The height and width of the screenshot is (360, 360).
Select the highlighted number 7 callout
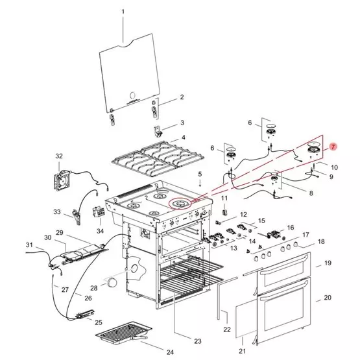(x=333, y=147)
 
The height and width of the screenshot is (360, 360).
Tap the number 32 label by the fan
(x=58, y=157)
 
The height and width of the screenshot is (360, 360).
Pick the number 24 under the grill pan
(x=169, y=352)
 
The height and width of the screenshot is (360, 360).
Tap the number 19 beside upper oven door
(x=328, y=263)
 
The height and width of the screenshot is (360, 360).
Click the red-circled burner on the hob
(x=181, y=204)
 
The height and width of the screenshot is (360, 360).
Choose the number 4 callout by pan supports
(x=184, y=138)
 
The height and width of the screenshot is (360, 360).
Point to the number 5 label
(x=200, y=174)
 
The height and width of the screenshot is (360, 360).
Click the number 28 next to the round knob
(x=93, y=288)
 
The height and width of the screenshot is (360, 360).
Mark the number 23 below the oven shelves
(x=197, y=341)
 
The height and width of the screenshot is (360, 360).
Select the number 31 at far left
(x=29, y=245)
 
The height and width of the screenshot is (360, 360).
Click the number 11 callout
(x=224, y=198)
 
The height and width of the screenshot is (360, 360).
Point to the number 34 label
(x=100, y=230)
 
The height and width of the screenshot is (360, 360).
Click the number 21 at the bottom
(x=243, y=351)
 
